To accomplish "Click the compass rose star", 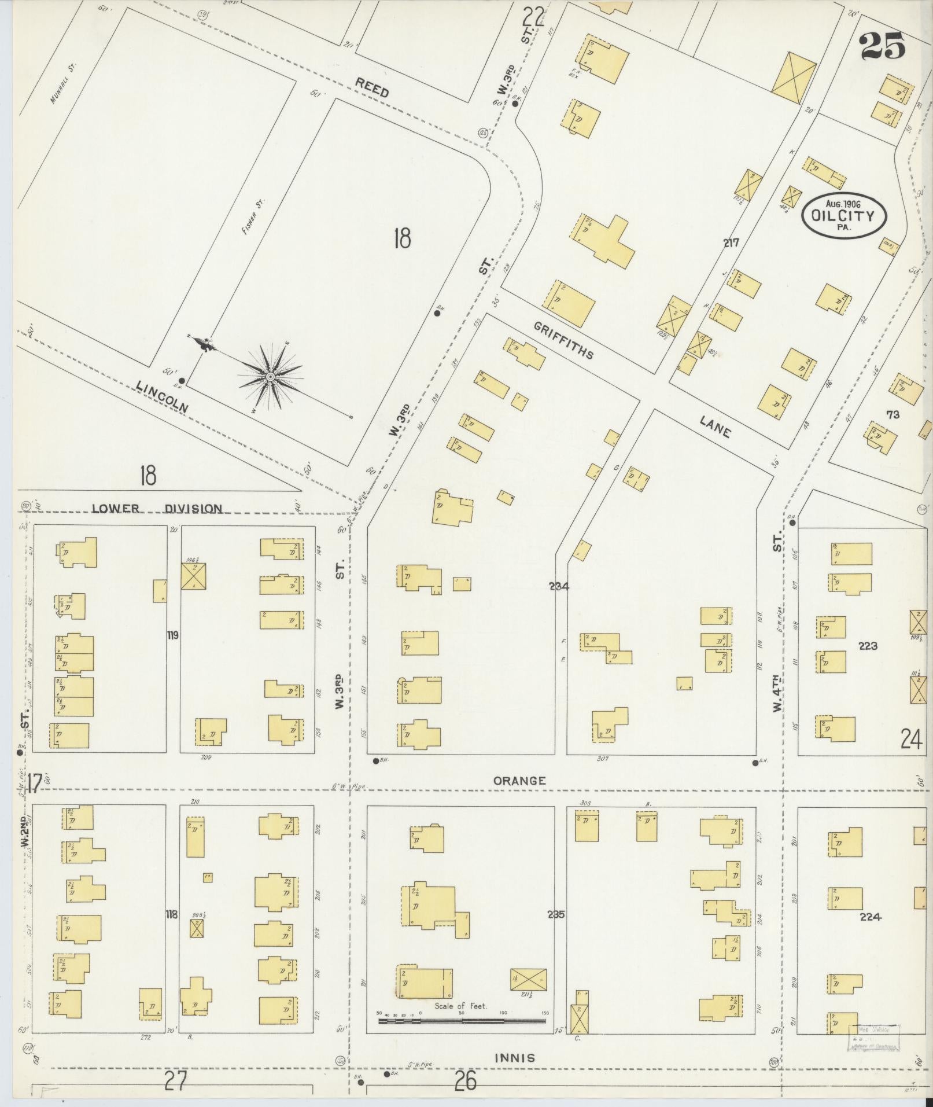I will coord(270,377).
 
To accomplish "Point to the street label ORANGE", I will coord(519,781).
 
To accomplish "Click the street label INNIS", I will coord(514,1058).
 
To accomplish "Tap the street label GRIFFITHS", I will coord(563,341).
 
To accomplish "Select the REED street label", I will coord(371,88).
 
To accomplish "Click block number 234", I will coord(559,586).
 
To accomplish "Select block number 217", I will coord(731,243).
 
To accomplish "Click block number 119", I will coord(172,635).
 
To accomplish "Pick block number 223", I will coord(868,646).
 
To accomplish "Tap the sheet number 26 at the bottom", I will coord(466,1081).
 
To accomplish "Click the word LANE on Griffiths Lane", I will coord(715,426).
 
